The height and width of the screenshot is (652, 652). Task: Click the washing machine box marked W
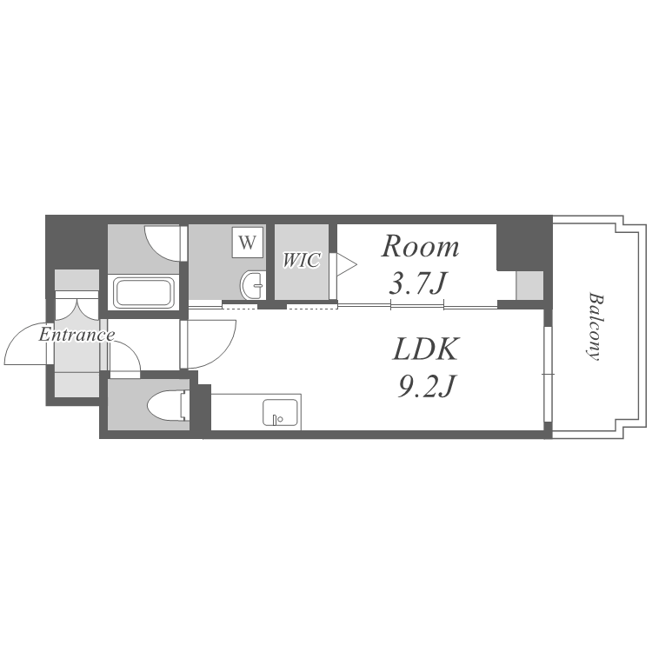pos(248,242)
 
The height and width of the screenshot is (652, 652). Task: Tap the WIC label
pos(302,260)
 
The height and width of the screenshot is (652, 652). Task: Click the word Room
pos(421,247)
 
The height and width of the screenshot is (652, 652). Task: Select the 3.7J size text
pos(417,284)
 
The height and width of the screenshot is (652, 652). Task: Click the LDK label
pos(426,349)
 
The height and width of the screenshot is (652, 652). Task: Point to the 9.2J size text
pos(426,386)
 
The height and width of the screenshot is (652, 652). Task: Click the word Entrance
pos(77,335)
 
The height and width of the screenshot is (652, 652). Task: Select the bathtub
pos(143,293)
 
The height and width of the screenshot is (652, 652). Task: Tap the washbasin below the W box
pos(252,285)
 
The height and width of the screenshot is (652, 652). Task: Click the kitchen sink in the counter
pos(280,412)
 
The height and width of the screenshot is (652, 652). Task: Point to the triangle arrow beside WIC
pos(346,264)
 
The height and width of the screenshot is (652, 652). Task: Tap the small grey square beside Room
pos(529,285)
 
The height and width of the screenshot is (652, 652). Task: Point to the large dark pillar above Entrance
pos(72,243)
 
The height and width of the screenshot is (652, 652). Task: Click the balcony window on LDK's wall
pos(548,374)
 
